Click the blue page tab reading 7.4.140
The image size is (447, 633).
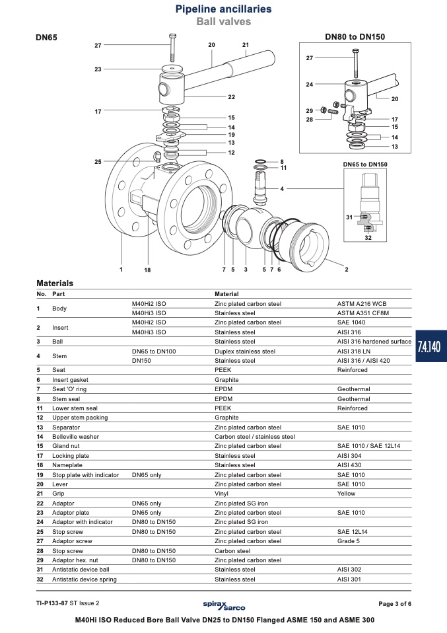point(431,346)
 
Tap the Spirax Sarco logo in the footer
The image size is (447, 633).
point(224,605)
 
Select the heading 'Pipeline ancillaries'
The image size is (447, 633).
point(223,9)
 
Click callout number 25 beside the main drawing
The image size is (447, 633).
point(98,161)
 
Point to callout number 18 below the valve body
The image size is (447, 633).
point(148,270)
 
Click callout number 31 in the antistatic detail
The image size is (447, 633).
point(349,217)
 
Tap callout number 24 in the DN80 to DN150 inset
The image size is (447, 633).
point(310,85)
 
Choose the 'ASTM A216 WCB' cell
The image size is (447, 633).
point(362,303)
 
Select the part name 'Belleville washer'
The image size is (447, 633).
point(75,436)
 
